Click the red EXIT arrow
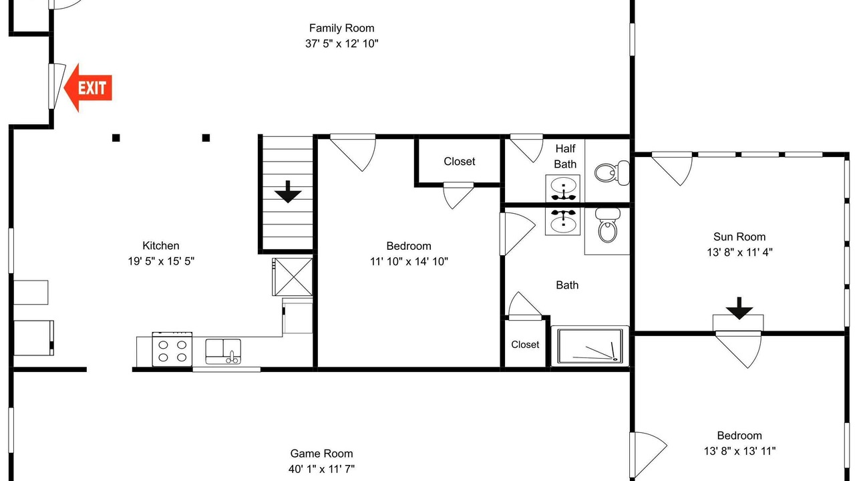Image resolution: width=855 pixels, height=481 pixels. coord(88,88)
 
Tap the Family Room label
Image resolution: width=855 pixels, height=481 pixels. coord(341,28)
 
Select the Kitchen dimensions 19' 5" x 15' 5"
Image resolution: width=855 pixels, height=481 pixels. coord(161,261)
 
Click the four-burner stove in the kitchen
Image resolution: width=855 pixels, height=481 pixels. coord(172,349)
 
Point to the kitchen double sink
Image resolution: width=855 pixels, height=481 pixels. coord(223,351)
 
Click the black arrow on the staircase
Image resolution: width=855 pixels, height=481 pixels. coord(288,192)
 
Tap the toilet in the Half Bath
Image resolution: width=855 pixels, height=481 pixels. coord(612,173)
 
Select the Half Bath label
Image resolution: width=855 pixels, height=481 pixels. coord(565,156)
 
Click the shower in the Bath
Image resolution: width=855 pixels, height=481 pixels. coord(590,346)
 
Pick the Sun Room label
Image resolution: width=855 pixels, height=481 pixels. coord(739,237)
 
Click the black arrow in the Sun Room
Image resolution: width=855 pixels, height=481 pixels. coord(739,308)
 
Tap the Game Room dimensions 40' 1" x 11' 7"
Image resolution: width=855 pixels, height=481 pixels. coord(321,469)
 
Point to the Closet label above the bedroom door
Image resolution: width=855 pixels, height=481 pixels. coord(459,162)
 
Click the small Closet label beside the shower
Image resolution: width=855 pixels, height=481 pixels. coord(525,345)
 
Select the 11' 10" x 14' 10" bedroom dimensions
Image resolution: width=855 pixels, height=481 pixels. coord(409,261)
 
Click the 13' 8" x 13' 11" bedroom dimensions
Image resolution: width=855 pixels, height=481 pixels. coord(739,451)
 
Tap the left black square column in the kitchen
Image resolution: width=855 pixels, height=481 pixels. coord(116,138)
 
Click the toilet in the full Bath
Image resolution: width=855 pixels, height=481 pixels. coord(607,225)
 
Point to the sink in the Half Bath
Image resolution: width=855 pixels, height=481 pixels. coord(563,188)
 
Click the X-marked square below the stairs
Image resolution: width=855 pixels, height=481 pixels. coord(293,277)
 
